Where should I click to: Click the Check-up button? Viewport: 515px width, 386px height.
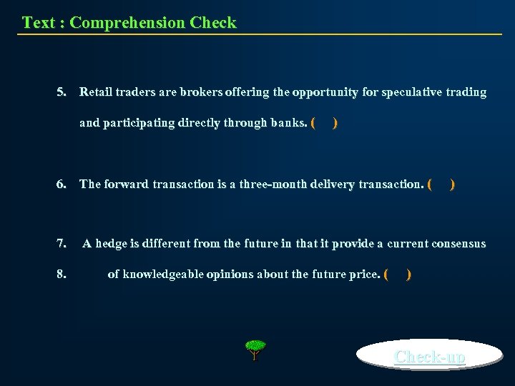coord(430,356)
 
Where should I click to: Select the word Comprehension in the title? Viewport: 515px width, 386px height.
coord(127,23)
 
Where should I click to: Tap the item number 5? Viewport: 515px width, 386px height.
coord(62,92)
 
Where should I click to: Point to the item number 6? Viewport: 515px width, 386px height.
coord(62,184)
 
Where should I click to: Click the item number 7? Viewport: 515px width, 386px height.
coord(62,244)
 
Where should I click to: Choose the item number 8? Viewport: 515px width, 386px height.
coord(62,274)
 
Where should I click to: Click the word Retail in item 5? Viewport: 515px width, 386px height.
coord(95,92)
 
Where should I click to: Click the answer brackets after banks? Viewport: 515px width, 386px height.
coord(324,123)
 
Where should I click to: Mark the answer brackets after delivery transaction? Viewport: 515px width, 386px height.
coord(441,184)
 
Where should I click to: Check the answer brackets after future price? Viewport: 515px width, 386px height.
coord(397,274)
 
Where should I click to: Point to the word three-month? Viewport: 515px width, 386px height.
coord(274,184)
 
